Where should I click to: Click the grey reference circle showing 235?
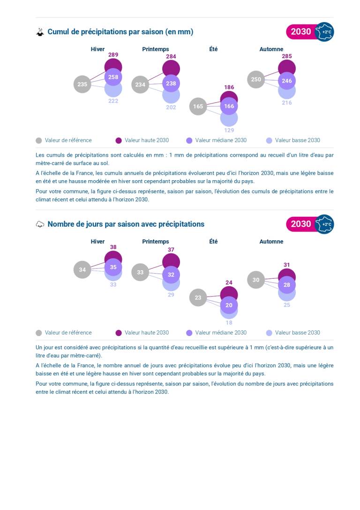[x=82, y=84]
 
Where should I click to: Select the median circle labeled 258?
[x=113, y=77]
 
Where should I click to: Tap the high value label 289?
[x=113, y=54]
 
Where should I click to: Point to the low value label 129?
[x=229, y=130]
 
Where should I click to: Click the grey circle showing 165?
[x=198, y=107]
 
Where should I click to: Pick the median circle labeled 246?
[x=287, y=81]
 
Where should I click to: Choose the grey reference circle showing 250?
[x=256, y=79]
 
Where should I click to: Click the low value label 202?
[x=171, y=107]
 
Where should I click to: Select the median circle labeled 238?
[x=171, y=84]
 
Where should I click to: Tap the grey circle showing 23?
[x=198, y=297]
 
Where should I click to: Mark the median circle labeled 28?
[x=287, y=285]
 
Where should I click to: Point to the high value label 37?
[x=171, y=250]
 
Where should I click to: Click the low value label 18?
[x=229, y=323]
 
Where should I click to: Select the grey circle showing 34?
[x=82, y=270]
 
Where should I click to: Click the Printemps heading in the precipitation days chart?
[x=156, y=242]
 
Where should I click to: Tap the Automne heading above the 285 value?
[x=271, y=49]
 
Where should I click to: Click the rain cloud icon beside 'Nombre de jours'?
[x=40, y=224]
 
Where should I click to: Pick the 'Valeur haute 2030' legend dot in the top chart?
[x=119, y=140]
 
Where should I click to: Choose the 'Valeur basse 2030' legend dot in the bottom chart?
[x=269, y=333]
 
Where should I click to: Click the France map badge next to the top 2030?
[x=324, y=32]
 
